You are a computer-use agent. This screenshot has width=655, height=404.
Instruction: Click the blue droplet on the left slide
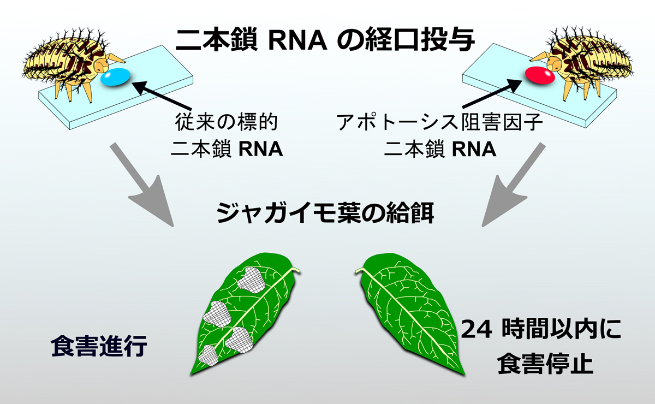point(116,77)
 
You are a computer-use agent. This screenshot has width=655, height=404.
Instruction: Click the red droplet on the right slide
point(539,76)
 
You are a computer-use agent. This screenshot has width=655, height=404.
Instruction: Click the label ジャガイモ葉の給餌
point(326,212)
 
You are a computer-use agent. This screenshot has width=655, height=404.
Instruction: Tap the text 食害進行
point(99,346)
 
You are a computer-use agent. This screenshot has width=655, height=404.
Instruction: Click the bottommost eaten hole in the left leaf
point(210,355)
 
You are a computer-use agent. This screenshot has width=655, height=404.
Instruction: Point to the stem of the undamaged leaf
point(360,270)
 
